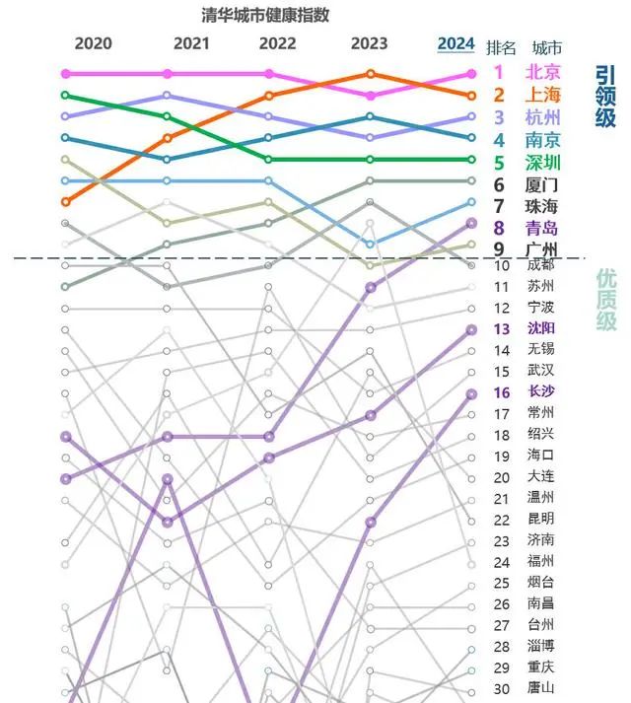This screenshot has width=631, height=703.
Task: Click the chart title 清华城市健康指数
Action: click(265, 15)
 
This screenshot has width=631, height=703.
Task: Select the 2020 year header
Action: click(94, 43)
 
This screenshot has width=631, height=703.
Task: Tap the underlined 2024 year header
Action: click(456, 43)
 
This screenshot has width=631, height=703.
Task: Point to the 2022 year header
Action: click(277, 43)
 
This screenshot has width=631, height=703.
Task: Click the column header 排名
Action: click(502, 47)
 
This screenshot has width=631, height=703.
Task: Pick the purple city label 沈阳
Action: click(541, 328)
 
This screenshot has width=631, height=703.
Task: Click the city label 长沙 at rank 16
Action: click(541, 392)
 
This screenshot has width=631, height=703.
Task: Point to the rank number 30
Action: click(502, 689)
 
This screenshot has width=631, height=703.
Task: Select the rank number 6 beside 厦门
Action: click(500, 184)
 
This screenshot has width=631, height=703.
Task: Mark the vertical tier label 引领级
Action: click(605, 97)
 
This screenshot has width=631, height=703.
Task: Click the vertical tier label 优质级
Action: click(605, 300)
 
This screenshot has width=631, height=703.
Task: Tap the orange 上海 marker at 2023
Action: click(370, 74)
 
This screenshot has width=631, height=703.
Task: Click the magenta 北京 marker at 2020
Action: click(66, 74)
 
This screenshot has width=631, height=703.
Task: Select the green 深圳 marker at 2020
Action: click(66, 95)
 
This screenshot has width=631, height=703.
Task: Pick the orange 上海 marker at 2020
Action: click(66, 202)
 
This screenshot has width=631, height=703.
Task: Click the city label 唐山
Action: click(541, 689)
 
